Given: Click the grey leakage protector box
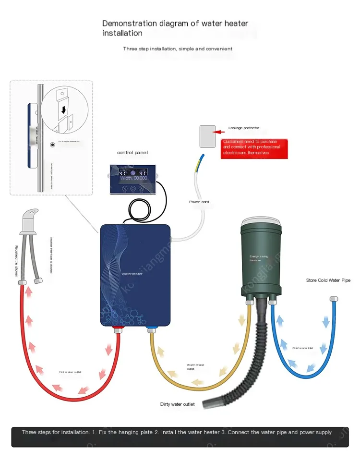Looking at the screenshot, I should pos(207,136).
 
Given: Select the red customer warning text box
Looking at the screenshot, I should pos(254,148).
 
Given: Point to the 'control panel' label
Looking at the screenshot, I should pos(132,152).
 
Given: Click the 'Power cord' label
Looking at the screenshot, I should pos(199,202).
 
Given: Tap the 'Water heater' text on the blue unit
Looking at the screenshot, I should pos(132,274).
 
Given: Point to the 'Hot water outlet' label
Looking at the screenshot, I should pos(70,372).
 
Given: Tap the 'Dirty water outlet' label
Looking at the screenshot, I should pos(178,404).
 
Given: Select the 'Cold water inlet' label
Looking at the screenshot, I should pos(302,348).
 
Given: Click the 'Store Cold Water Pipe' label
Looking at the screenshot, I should pos(329,280).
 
